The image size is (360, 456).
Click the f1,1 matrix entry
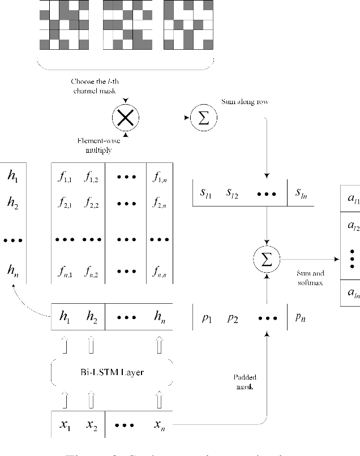tap(66, 177)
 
